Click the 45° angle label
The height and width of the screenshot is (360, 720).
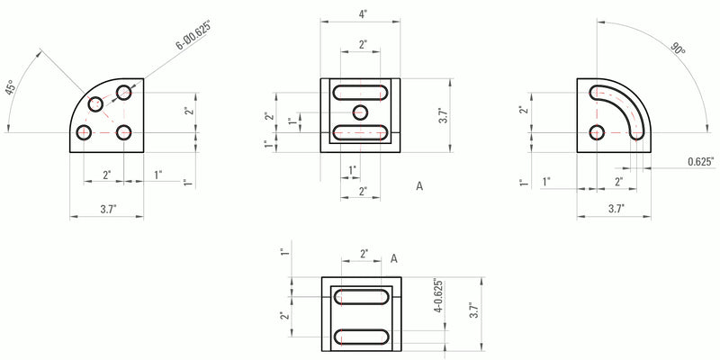click(x=11, y=87)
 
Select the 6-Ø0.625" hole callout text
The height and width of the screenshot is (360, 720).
click(x=192, y=37)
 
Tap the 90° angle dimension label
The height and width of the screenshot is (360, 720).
click(x=678, y=49)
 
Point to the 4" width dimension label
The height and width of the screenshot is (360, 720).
click(x=362, y=14)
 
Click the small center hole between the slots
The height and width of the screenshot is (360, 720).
click(x=361, y=112)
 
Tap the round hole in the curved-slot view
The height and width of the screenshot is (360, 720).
click(x=597, y=133)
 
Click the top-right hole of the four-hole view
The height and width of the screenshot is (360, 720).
click(x=124, y=92)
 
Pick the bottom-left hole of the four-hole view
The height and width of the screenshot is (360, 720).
click(x=84, y=133)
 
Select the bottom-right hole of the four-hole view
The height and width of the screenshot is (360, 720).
click(x=124, y=133)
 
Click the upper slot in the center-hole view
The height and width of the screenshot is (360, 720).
click(x=361, y=92)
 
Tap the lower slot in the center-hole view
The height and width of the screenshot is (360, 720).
click(x=361, y=132)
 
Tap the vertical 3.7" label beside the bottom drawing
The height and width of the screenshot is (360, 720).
click(x=472, y=312)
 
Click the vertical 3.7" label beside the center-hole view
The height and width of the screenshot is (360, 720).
click(x=441, y=115)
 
